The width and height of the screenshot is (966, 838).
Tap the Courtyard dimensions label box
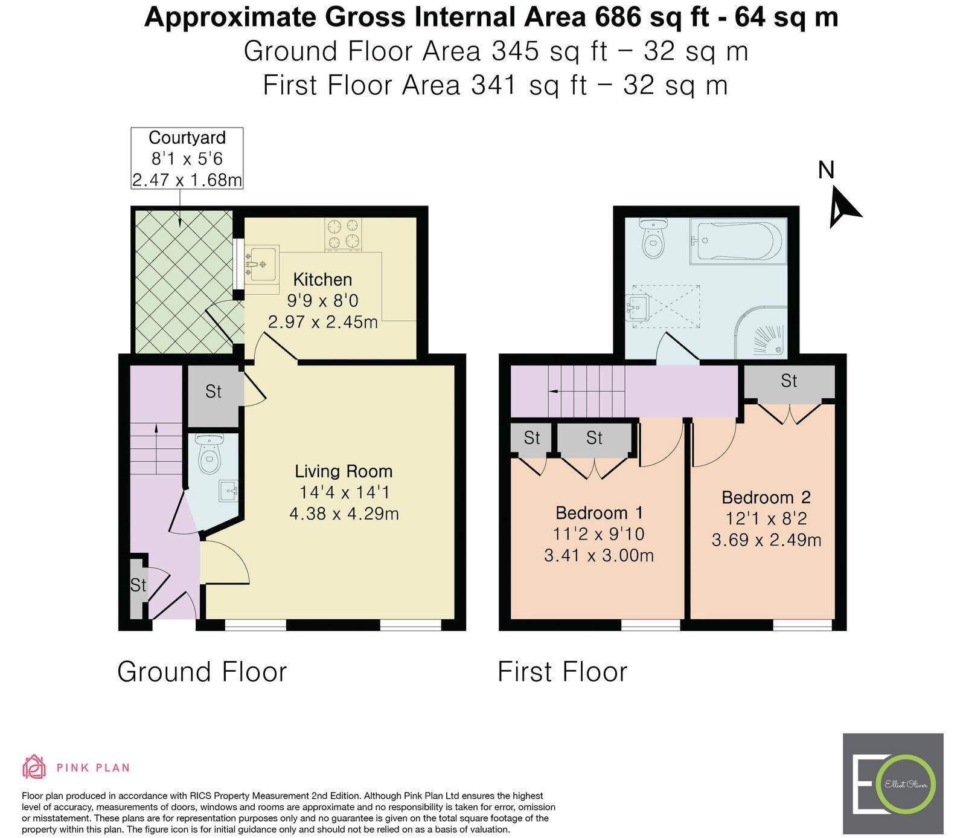(x=187, y=158)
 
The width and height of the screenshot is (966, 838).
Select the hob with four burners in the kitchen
(x=344, y=234)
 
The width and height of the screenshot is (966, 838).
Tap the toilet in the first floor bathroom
(x=653, y=239)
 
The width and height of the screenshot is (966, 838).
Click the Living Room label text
(x=344, y=471)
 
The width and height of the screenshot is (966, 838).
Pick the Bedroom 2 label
(x=766, y=497)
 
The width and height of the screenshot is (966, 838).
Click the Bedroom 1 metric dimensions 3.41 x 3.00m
(x=599, y=555)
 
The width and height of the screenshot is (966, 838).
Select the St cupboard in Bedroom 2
(x=788, y=381)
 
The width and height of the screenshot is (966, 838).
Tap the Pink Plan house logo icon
(x=34, y=767)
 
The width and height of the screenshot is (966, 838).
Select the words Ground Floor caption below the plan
(x=202, y=672)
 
